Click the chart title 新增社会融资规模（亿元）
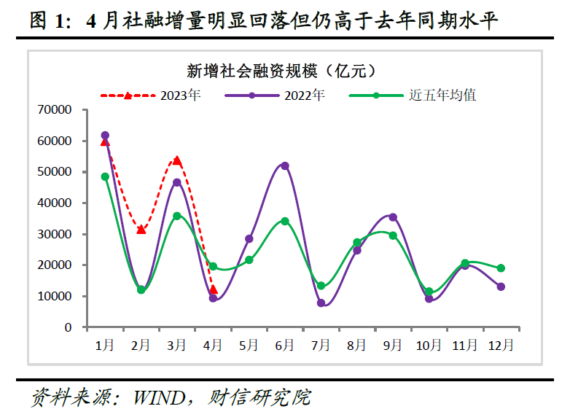coord(281,71)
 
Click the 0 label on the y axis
coord(68,328)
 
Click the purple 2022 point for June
coord(285,166)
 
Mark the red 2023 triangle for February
coord(141,230)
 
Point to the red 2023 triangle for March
coord(177,160)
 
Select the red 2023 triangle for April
coord(214,289)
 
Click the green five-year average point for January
coord(105,176)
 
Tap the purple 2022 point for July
coord(321,303)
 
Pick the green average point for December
coord(501,268)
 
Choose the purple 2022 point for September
coord(393,217)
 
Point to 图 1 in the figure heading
coord(47,21)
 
